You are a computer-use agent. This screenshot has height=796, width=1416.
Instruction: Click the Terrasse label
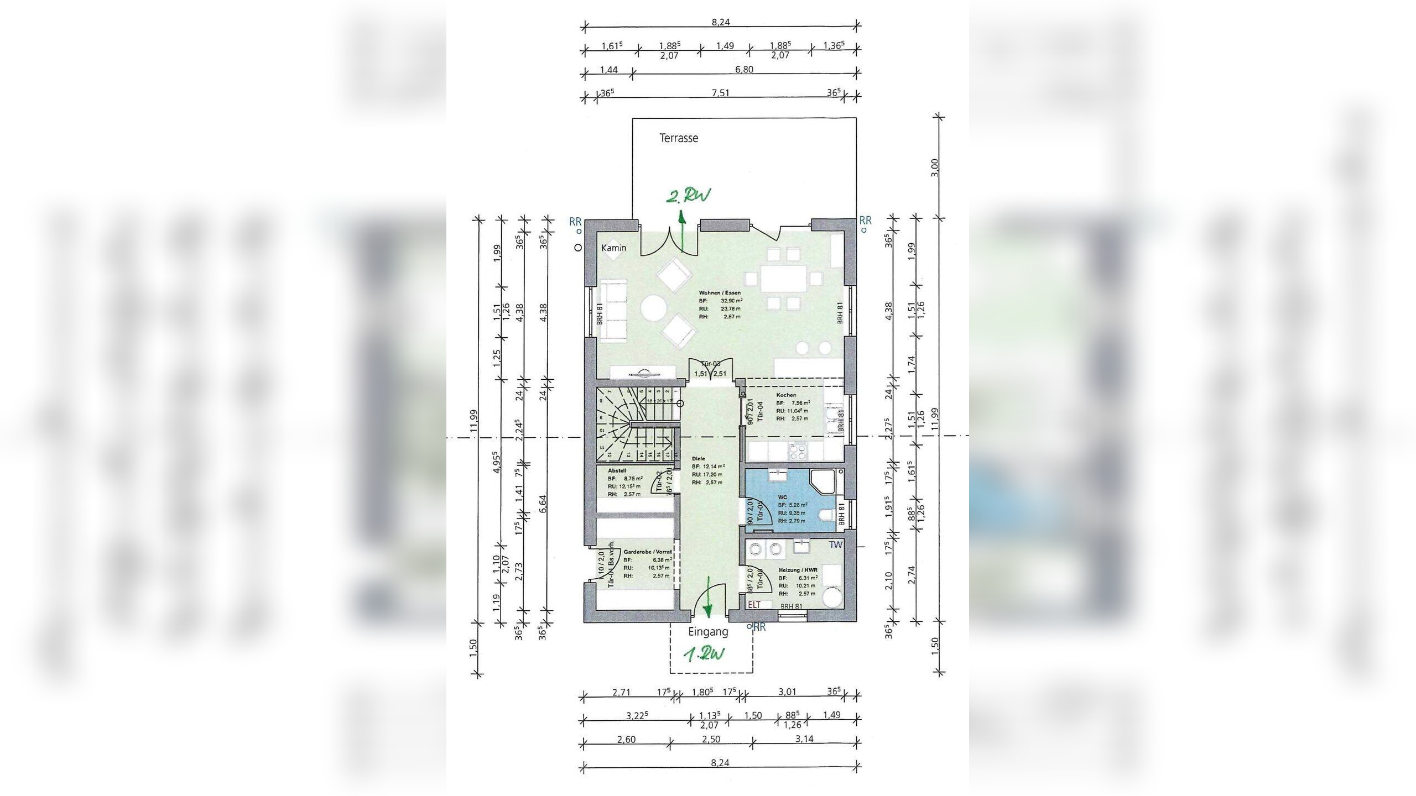[x=679, y=138]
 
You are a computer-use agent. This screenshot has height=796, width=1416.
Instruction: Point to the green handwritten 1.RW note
[x=704, y=655]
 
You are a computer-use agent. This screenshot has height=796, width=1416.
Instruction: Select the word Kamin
[x=614, y=248]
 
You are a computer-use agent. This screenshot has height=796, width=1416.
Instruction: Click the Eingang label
[x=708, y=632]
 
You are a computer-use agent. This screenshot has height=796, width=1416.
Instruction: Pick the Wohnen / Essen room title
[x=720, y=293]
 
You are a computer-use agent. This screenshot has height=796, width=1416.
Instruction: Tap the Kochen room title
[x=786, y=395]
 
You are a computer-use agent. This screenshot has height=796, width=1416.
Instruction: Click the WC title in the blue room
[x=782, y=497]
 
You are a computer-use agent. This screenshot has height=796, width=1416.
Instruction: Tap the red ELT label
[x=754, y=605]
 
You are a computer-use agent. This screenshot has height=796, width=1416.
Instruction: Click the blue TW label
[x=835, y=544]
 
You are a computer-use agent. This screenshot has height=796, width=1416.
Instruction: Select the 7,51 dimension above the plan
[x=720, y=93]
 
